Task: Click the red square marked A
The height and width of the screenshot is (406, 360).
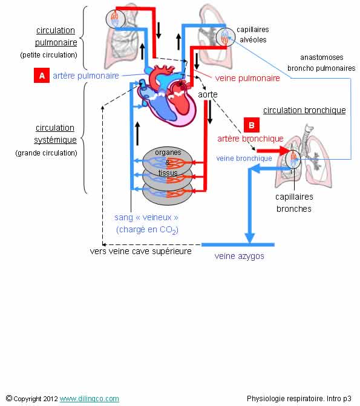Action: [x=42, y=76]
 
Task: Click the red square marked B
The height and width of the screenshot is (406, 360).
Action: [x=252, y=125]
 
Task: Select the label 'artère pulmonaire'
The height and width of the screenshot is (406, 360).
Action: [x=86, y=76]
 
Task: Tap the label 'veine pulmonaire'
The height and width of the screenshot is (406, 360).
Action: [x=247, y=78]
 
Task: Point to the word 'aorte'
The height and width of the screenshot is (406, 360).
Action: [x=208, y=94]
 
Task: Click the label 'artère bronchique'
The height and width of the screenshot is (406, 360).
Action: [x=250, y=139]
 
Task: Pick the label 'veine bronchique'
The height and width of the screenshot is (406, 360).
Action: [x=244, y=158]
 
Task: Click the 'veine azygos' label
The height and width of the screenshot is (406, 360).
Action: [x=240, y=256]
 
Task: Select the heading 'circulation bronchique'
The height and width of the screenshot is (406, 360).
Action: [x=304, y=110]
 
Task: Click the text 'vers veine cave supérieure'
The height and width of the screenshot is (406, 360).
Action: [x=140, y=251]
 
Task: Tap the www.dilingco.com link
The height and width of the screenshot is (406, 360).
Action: [x=90, y=399]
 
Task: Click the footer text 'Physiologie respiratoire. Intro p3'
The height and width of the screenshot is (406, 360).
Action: [x=299, y=398]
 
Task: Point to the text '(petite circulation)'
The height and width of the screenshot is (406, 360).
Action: [x=48, y=55]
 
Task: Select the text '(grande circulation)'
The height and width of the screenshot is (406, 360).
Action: [x=47, y=152]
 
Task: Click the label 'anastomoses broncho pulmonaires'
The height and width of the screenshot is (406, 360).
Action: [x=321, y=63]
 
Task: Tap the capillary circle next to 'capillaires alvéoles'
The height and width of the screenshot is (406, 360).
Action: [x=225, y=37]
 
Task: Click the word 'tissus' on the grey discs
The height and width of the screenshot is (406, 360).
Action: [x=168, y=172]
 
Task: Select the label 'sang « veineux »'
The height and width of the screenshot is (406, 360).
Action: [x=146, y=217]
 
